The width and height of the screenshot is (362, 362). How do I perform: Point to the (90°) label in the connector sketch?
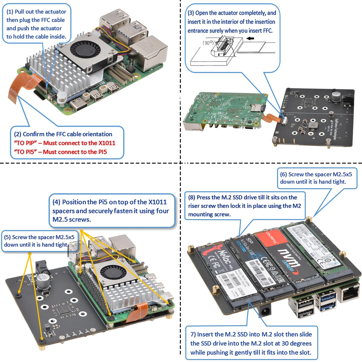pos(208,43)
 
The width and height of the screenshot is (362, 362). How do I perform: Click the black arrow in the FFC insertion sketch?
pos(250,38)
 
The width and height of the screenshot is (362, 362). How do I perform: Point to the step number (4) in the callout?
pos(56,202)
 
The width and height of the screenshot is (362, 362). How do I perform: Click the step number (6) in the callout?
pos(283,174)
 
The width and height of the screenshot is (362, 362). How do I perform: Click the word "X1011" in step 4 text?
pos(157,202)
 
